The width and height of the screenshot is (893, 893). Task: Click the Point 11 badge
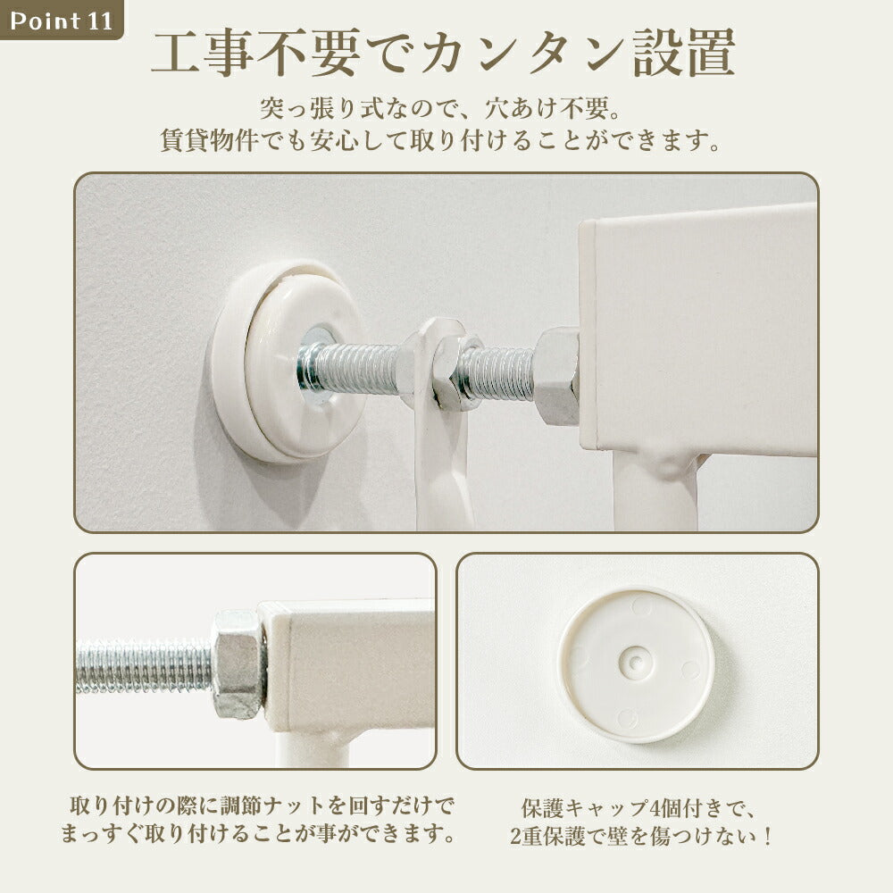[x=61, y=20]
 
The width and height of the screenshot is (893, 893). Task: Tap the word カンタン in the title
[x=522, y=53]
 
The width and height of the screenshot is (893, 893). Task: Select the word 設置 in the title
[x=684, y=53]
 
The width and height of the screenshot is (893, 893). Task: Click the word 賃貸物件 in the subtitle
[x=210, y=140]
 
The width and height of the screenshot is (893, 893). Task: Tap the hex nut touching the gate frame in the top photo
[x=557, y=376]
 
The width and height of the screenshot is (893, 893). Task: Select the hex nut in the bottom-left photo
[x=239, y=664]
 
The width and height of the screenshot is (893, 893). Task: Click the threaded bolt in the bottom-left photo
[x=145, y=666]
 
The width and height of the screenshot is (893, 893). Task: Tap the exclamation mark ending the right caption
[x=768, y=836]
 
